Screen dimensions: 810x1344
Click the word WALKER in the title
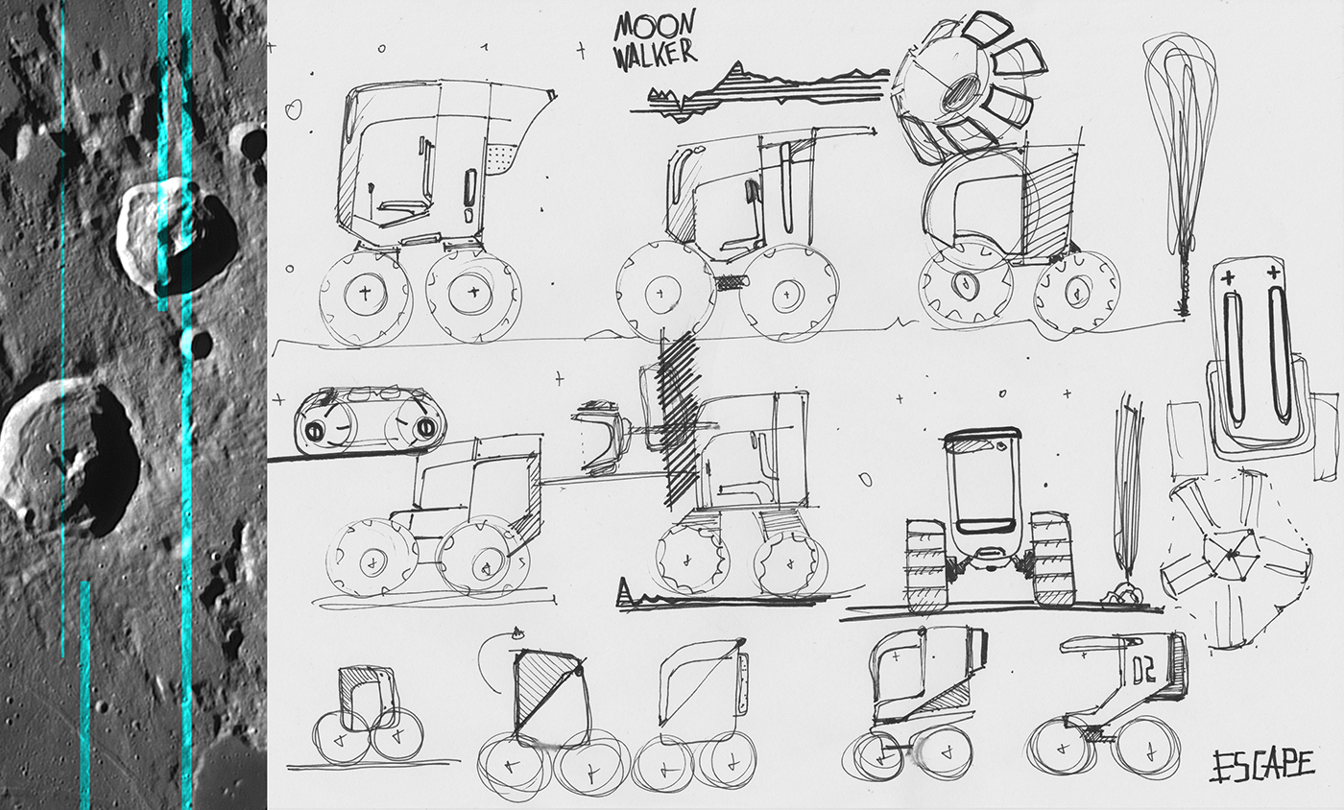click(655, 53)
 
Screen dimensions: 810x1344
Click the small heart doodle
click(293, 111)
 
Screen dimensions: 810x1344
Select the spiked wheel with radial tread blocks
click(964, 82)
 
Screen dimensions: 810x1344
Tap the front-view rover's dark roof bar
click(982, 436)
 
